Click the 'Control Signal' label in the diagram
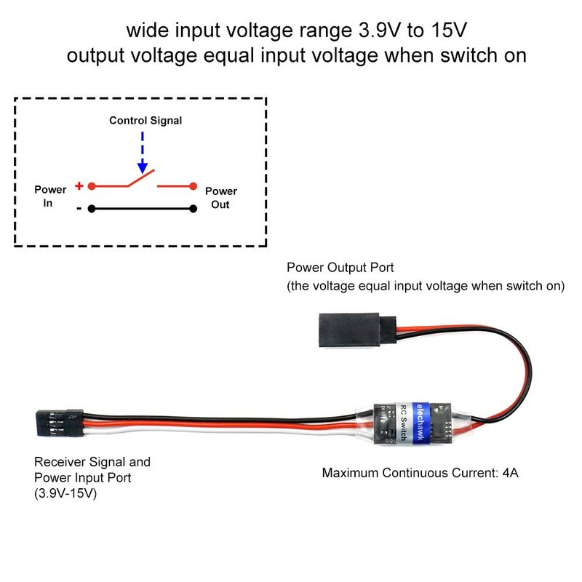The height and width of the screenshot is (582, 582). [x=145, y=120]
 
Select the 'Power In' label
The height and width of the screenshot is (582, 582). [x=50, y=196]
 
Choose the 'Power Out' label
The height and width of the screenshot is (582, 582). [x=220, y=198]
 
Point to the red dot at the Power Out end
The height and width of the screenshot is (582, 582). [x=194, y=186]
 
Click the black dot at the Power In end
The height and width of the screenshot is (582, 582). [x=91, y=209]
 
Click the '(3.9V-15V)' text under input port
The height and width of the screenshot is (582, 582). [x=66, y=493]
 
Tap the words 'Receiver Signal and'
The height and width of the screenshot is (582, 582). [x=92, y=461]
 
